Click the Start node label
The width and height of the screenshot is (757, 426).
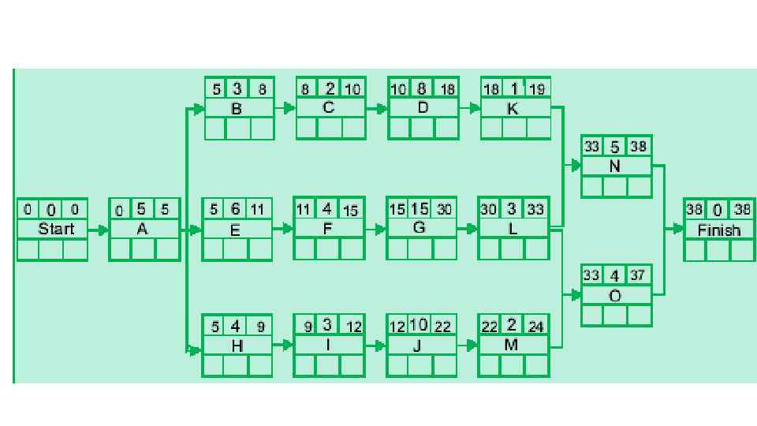(x=56, y=229)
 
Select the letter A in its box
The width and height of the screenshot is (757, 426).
(x=142, y=229)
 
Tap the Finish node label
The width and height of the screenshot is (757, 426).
(x=719, y=230)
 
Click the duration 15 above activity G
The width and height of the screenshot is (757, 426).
(x=420, y=209)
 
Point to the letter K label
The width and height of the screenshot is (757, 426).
(x=513, y=109)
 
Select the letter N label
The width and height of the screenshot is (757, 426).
(x=615, y=166)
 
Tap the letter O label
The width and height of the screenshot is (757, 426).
(x=615, y=296)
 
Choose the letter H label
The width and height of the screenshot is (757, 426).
(x=237, y=346)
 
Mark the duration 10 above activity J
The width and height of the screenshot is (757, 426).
(x=419, y=325)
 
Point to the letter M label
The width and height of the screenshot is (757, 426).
(x=512, y=345)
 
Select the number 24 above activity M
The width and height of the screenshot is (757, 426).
(x=536, y=326)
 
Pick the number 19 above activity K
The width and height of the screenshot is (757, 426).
(x=536, y=89)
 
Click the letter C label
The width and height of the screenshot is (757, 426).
(x=328, y=108)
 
